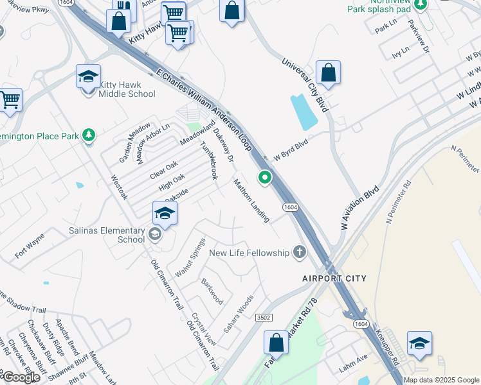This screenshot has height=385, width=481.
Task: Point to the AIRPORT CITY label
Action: pyautogui.click(x=334, y=278)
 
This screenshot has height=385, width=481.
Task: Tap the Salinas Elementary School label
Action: pyautogui.click(x=107, y=235)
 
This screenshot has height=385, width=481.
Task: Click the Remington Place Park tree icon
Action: pyautogui.click(x=89, y=135)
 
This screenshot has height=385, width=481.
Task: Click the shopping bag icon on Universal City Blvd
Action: pyautogui.click(x=328, y=74)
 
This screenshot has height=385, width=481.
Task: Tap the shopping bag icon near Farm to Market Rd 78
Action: pyautogui.click(x=276, y=343)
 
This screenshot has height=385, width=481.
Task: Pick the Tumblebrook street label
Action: pyautogui.click(x=210, y=160)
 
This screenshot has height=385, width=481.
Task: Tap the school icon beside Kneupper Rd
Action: pyautogui.click(x=419, y=345)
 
